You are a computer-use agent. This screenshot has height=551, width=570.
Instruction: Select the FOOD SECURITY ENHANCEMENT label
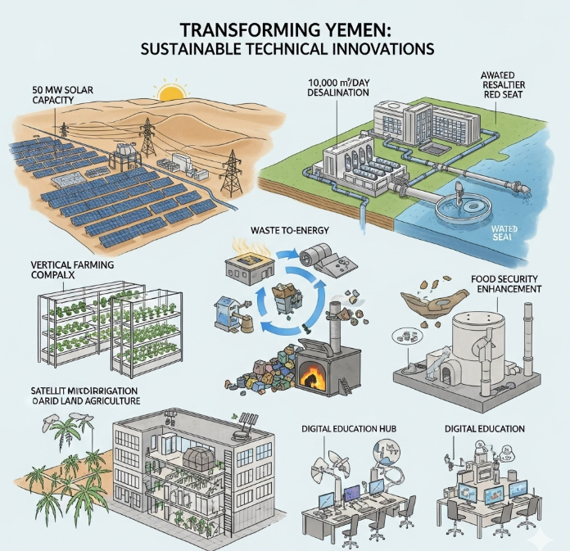(x=505, y=283)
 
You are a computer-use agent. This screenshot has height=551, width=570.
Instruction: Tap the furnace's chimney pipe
(x=335, y=319)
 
